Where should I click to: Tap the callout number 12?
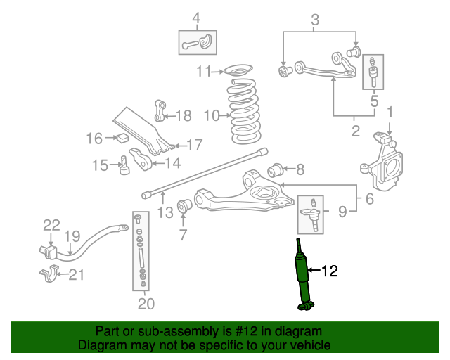[330, 270]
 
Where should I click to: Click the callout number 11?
[204, 71]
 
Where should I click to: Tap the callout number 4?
[197, 17]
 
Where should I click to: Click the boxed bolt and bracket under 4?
[197, 43]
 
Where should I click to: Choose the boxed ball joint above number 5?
[373, 72]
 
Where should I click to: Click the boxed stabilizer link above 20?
[141, 250]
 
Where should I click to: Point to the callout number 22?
[51, 226]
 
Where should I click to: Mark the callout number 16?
[95, 139]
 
